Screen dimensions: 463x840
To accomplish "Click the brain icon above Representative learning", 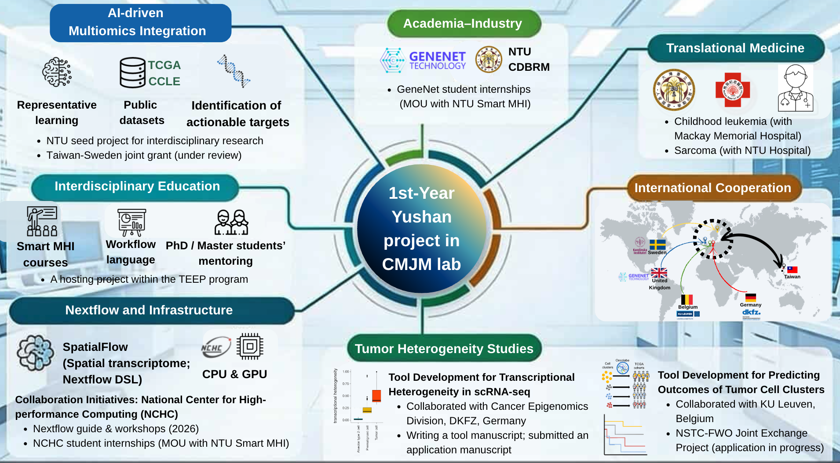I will [x=57, y=72].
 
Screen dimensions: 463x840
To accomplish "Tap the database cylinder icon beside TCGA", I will [x=132, y=73].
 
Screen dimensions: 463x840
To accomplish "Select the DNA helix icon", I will [x=234, y=71].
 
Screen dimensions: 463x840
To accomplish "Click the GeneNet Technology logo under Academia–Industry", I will [x=423, y=60].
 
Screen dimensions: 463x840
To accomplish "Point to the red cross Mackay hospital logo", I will [x=732, y=90].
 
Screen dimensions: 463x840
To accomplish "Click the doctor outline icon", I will [x=795, y=88].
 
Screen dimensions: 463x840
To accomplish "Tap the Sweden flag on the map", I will [x=657, y=244].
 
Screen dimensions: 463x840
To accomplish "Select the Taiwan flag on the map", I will [x=793, y=270].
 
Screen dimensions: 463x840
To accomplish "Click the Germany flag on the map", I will [x=751, y=297].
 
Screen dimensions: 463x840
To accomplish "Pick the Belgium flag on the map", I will [x=687, y=299].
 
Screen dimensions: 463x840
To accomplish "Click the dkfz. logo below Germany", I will [x=751, y=312].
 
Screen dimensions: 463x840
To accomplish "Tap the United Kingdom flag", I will [x=659, y=273].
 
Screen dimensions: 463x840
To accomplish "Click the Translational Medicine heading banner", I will [x=735, y=48].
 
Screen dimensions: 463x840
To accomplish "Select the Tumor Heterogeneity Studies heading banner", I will [x=444, y=349].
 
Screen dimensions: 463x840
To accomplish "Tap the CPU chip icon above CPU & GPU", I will [x=250, y=346].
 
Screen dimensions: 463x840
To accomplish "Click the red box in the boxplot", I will [x=376, y=395].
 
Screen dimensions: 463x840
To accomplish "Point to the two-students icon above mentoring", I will [x=231, y=222].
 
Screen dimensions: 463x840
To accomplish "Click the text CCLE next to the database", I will [x=164, y=81].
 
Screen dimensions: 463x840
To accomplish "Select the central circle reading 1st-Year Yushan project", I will [x=421, y=229].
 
